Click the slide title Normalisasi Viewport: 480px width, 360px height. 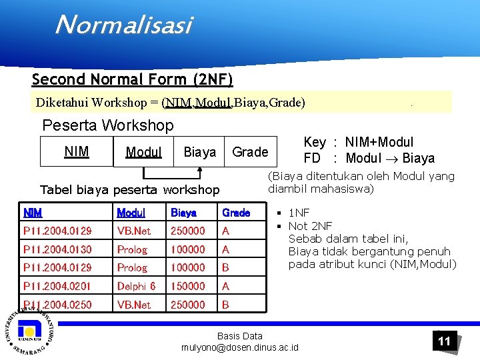pos(123,25)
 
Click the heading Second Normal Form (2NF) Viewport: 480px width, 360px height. pos(132,80)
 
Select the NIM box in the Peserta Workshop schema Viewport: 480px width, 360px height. pos(77,152)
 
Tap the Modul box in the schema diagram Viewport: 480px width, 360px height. pos(143,152)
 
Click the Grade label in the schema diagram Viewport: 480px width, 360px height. pos(250,152)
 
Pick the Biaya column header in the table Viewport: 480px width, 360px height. pos(183,213)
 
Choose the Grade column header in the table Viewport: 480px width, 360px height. pos(236,213)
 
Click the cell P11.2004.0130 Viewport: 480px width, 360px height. pos(57,249)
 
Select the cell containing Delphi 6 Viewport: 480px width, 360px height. pos(136,286)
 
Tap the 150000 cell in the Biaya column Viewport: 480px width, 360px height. pos(188,286)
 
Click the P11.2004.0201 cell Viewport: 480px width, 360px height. pos(57,286)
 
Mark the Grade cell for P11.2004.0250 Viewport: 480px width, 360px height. pos(226,305)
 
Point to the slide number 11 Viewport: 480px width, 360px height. pos(444,341)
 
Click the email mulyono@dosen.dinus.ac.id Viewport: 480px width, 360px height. pos(240,347)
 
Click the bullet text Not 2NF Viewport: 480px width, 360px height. pos(310,225)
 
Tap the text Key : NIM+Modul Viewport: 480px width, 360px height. pos(358,142)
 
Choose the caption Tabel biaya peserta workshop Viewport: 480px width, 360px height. pos(130,189)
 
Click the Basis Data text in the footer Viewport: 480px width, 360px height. pos(240,336)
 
